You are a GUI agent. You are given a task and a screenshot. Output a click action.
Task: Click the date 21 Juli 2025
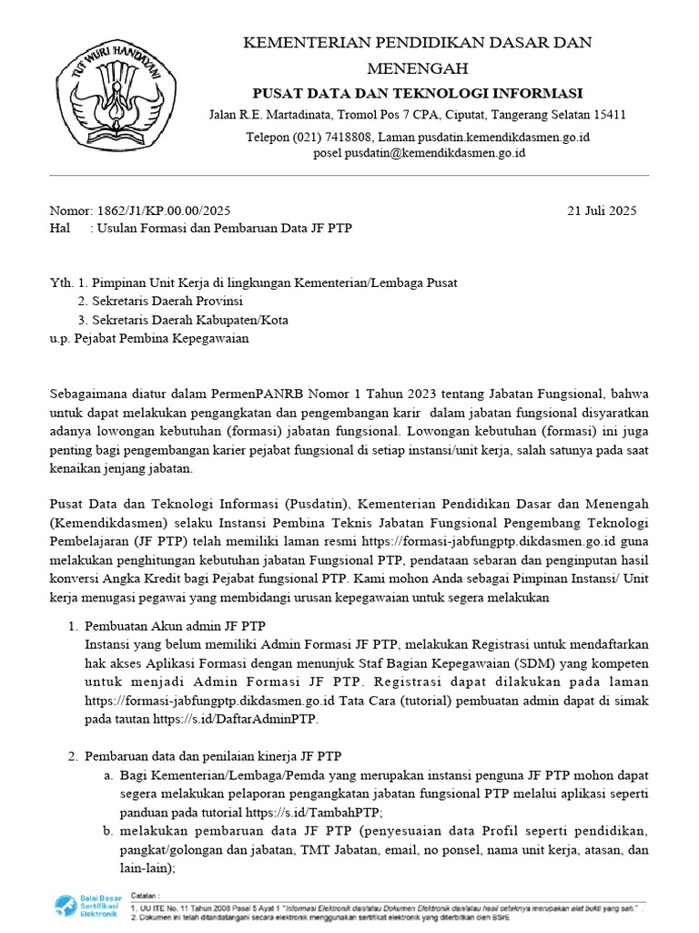[602, 210]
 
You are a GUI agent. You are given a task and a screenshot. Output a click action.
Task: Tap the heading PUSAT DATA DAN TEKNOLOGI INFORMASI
[417, 93]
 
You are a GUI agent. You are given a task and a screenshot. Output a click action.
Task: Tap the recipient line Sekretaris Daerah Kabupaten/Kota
[183, 319]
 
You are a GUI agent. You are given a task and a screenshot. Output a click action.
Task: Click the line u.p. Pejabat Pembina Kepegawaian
[148, 337]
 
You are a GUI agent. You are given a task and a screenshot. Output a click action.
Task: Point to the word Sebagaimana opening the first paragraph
[87, 394]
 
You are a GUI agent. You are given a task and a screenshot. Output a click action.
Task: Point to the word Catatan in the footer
[147, 897]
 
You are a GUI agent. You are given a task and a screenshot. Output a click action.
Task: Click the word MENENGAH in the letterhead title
[417, 68]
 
